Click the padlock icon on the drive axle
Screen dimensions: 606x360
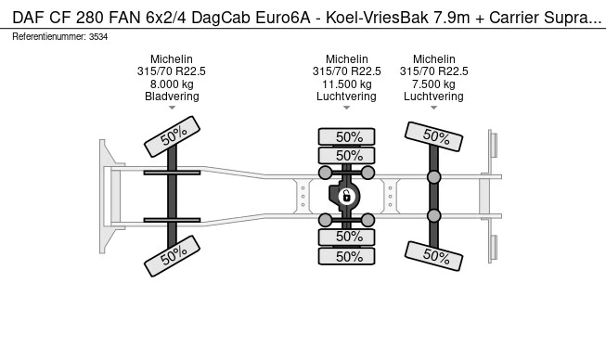[346, 196]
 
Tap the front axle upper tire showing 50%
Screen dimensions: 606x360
[172, 136]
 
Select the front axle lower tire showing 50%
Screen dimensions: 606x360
[172, 256]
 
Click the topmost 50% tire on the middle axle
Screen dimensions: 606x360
[348, 136]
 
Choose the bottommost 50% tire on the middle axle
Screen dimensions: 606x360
[348, 257]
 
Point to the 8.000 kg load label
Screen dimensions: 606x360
[172, 84]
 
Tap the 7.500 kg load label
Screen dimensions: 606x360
[433, 84]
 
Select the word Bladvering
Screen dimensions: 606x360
[172, 96]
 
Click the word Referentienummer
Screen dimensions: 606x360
[47, 36]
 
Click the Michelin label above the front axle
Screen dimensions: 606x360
[172, 58]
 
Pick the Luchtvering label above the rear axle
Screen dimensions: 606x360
[433, 96]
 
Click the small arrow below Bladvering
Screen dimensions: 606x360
[172, 109]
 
